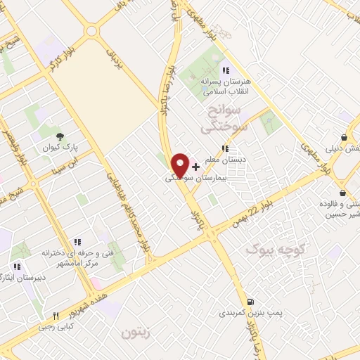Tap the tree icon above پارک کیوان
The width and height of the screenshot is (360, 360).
[60, 136]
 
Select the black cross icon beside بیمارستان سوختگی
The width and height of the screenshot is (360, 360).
[195, 167]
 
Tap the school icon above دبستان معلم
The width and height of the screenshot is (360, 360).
[225, 149]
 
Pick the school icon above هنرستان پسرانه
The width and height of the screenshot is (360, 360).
[225, 70]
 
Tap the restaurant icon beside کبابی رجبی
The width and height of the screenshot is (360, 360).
[56, 316]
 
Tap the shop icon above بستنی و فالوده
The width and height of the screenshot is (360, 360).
[342, 193]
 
